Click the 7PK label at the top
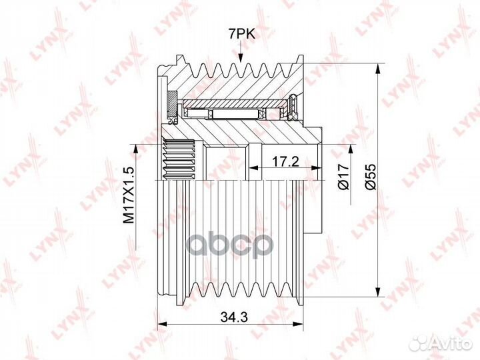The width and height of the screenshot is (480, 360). point(241,34)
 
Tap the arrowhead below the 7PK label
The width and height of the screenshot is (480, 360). point(241,58)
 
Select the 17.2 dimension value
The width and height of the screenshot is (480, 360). point(285,161)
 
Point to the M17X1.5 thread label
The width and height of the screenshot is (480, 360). point(129,195)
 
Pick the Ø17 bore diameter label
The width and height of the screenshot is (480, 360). point(344,176)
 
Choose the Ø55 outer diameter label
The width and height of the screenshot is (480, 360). point(371,177)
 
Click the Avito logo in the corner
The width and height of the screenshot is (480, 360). point(441,343)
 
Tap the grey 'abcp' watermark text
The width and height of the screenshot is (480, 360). point(230,245)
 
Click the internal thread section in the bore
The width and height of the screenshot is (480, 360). point(179,159)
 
